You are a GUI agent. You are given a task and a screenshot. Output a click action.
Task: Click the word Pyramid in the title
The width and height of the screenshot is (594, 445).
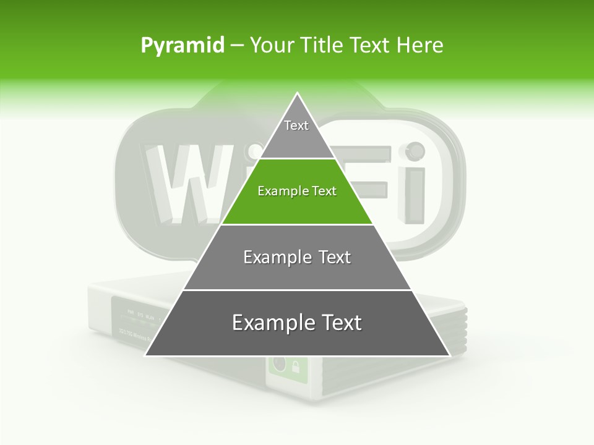coord(183,46)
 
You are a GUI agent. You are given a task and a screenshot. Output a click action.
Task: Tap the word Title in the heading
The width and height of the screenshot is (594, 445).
coord(322,45)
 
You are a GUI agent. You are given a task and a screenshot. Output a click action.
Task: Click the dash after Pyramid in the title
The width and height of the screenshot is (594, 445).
coord(236,46)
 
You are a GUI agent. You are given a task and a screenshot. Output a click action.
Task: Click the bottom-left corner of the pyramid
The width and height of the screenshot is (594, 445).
coord(146,355)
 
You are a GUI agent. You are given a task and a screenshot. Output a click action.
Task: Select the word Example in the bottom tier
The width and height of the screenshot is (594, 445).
coord(272,323)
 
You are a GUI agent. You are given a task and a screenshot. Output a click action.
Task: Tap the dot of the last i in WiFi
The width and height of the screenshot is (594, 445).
coord(414,150)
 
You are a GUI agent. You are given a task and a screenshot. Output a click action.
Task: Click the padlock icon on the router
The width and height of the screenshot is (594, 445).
coord(296,366)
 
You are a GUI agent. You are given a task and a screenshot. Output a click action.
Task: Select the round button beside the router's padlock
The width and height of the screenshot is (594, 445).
coord(278,365)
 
